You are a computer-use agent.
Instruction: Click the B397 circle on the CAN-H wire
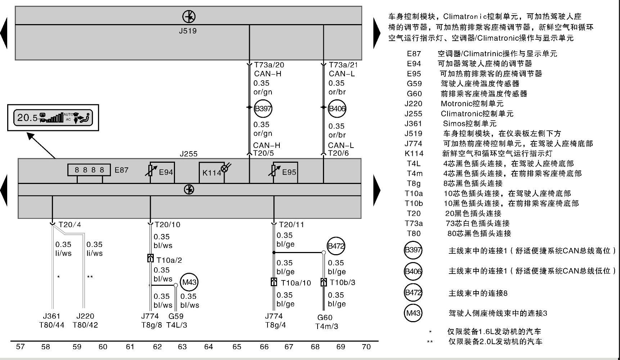click(x=263, y=108)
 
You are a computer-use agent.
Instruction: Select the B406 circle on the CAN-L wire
click(x=337, y=109)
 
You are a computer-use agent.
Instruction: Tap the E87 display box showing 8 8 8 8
click(x=89, y=170)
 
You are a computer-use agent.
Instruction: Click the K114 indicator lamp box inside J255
click(x=212, y=172)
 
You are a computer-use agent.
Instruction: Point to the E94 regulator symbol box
click(x=162, y=172)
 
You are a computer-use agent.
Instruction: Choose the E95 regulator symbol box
click(x=285, y=172)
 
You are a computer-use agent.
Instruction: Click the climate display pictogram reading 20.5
click(x=53, y=118)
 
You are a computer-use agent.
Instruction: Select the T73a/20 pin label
click(x=269, y=65)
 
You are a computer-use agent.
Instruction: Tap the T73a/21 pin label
click(x=343, y=65)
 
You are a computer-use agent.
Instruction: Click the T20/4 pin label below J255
click(x=70, y=225)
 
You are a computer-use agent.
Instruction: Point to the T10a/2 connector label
click(x=169, y=260)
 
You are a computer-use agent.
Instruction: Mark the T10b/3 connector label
click(x=342, y=282)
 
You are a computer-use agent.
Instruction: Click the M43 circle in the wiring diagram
click(x=189, y=282)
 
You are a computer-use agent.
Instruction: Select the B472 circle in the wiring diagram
click(x=336, y=246)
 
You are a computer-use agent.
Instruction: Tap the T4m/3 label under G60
click(x=327, y=327)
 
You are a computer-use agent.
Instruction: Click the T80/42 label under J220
click(x=85, y=325)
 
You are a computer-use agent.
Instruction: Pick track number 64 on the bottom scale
click(x=208, y=347)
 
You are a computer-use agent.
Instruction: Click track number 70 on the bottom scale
click(x=366, y=347)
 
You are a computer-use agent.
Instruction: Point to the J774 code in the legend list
click(x=413, y=144)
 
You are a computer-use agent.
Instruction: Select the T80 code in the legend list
click(x=414, y=233)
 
